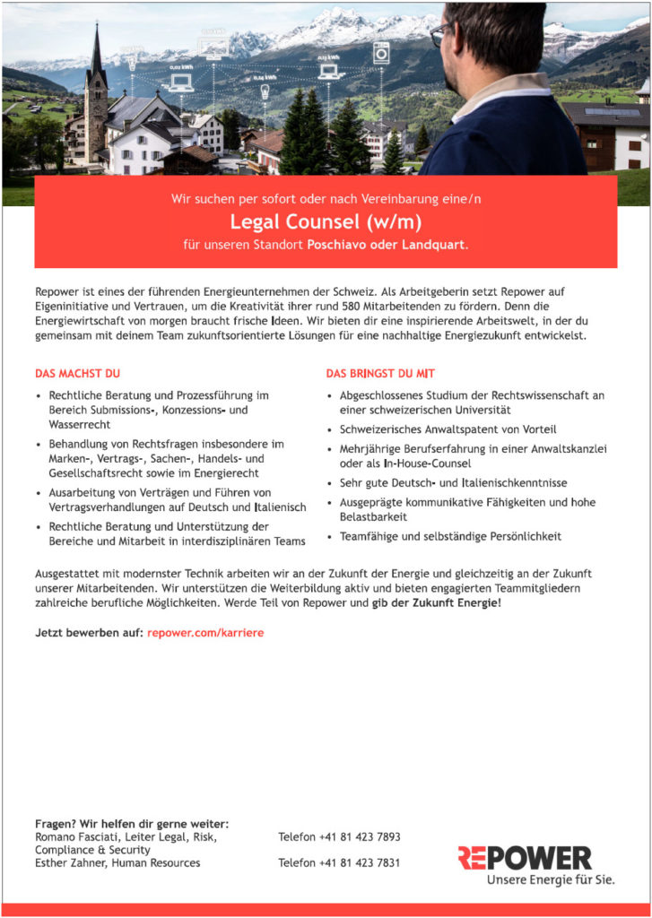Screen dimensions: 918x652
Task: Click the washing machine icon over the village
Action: coord(380,52)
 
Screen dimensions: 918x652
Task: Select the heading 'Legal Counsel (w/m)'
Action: coord(326,221)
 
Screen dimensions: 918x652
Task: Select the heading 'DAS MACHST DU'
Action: coord(77,373)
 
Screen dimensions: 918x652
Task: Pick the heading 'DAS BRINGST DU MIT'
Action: coord(380,373)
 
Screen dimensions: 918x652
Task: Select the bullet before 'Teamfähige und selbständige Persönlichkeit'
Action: coord(331,537)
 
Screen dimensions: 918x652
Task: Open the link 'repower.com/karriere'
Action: coord(205,633)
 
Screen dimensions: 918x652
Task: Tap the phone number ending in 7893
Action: coord(339,837)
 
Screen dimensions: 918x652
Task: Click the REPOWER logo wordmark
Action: coord(524,858)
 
